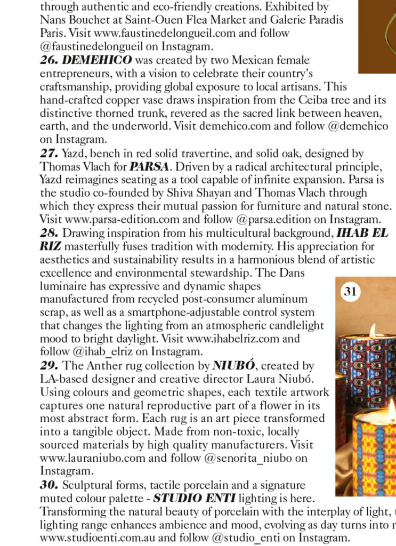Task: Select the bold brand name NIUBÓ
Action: tap(235, 366)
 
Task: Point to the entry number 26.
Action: tap(49, 60)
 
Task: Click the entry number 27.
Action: tap(49, 154)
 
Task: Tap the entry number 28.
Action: tap(49, 233)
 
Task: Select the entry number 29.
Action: tap(49, 366)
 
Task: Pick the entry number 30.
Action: tap(49, 486)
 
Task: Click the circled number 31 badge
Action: tap(351, 292)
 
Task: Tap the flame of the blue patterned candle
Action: tap(373, 331)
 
